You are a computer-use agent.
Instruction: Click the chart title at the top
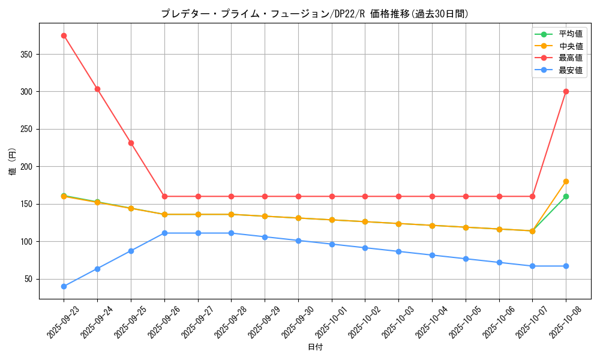point(314,14)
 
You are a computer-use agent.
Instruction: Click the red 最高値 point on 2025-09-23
point(64,35)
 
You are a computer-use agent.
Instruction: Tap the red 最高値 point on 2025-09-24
point(97,89)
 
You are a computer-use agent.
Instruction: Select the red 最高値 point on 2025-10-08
point(566,91)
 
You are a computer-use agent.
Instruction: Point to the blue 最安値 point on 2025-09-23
point(64,286)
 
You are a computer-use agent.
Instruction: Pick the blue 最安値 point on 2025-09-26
point(164,233)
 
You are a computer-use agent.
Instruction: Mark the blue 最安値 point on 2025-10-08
point(566,266)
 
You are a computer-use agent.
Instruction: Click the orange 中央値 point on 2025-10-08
point(566,181)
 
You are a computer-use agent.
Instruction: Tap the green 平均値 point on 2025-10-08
point(566,196)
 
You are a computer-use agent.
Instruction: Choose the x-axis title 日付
point(315,347)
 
